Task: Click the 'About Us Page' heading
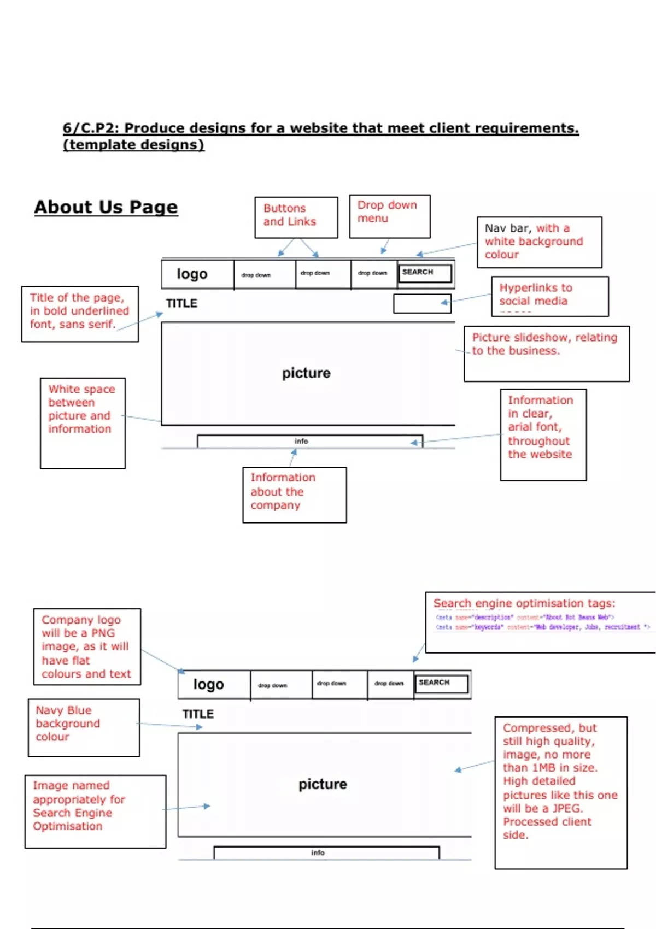tap(106, 207)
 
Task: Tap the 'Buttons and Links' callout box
tap(296, 217)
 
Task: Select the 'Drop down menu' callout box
tap(389, 216)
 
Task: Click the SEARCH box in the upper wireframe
tap(425, 273)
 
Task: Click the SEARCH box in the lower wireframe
tap(441, 683)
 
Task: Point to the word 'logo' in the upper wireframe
tap(192, 274)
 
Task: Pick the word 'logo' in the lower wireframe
tap(208, 684)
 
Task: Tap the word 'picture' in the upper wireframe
tap(306, 373)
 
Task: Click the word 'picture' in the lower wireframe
tap(323, 784)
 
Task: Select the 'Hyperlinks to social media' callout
tap(549, 296)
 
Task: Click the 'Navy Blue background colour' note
tap(84, 727)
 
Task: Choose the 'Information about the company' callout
tap(294, 494)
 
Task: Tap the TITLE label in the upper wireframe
tap(181, 303)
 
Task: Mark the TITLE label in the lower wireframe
tap(198, 714)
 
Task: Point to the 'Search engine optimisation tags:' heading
tap(524, 603)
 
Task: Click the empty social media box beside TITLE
tap(422, 303)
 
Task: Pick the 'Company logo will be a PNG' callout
tap(87, 646)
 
